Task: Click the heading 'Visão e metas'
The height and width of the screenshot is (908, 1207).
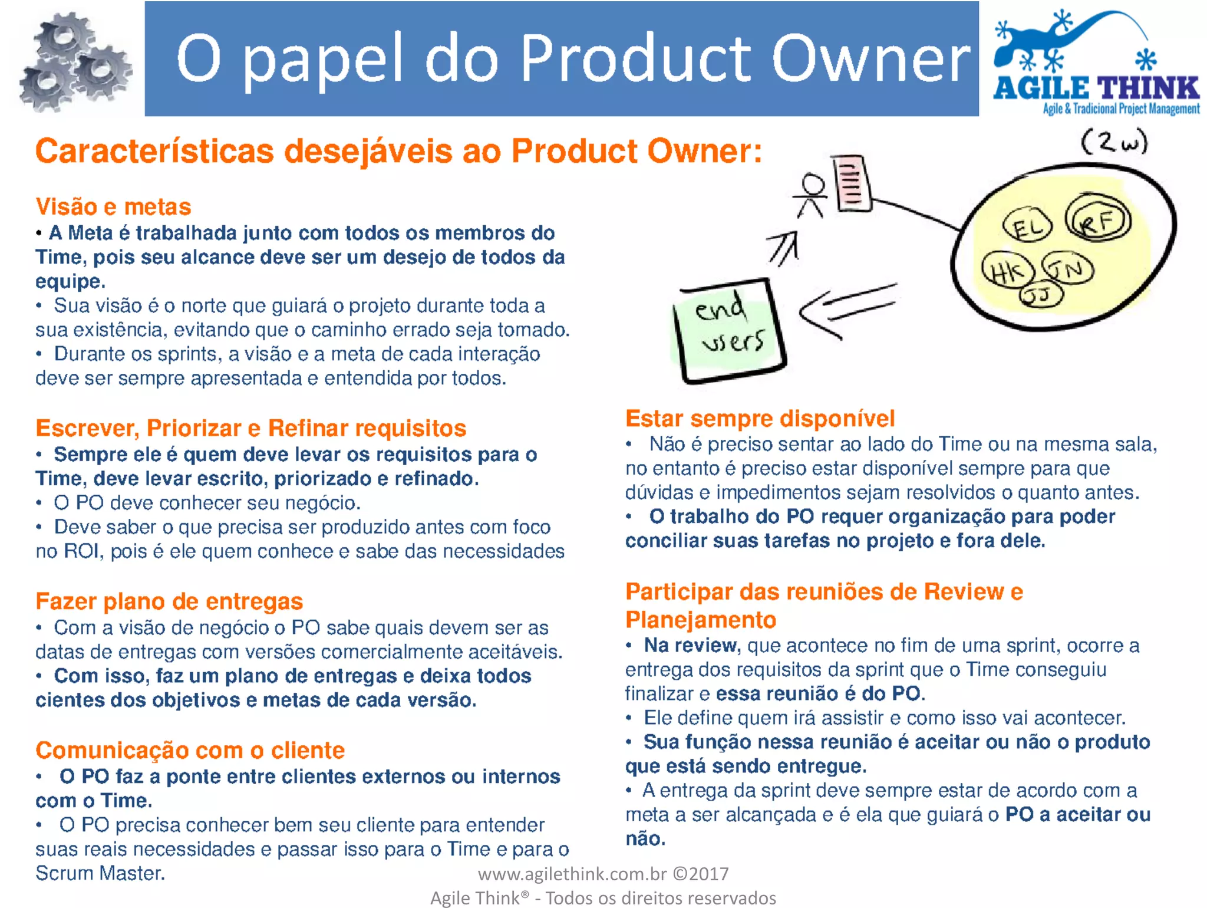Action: coord(113,207)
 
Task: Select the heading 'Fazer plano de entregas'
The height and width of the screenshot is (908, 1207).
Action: coord(169,601)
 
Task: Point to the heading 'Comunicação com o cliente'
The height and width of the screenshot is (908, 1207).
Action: coord(190,751)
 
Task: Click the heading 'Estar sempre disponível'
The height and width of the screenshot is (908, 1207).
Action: coord(760,419)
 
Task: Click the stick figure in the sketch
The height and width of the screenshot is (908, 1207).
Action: coord(812,195)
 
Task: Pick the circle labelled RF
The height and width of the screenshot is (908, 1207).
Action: coord(1098,221)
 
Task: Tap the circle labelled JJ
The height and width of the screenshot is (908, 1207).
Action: coord(1041,294)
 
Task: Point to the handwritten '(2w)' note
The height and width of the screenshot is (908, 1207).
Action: coord(1114,143)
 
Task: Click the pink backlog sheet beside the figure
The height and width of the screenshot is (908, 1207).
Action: coord(850,183)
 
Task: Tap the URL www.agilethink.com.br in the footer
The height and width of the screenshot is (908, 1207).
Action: coord(572,874)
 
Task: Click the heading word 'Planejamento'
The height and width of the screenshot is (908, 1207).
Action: coord(700,620)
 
